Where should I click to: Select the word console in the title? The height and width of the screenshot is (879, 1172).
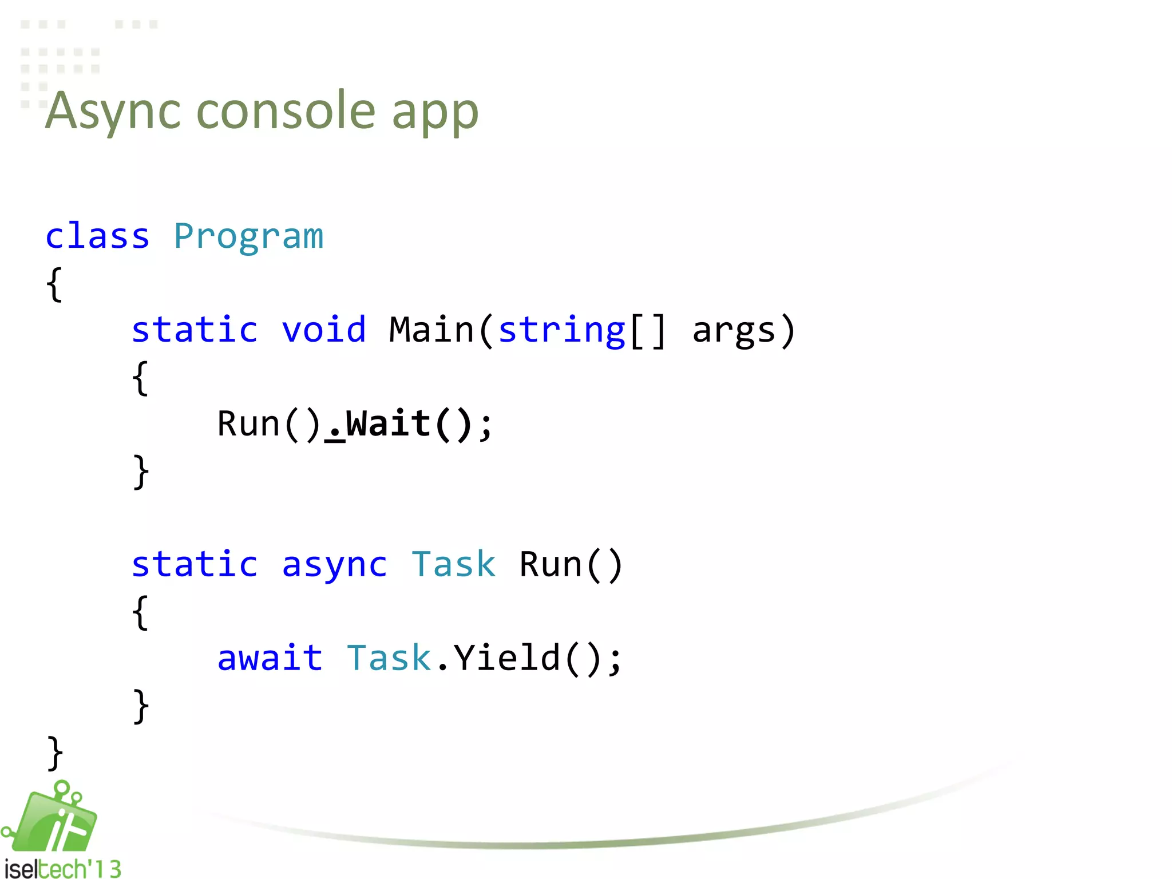[286, 111]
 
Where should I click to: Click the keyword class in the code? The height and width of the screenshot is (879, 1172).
[97, 236]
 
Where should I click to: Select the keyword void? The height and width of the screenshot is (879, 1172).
[324, 330]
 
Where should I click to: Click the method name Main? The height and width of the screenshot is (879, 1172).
[431, 330]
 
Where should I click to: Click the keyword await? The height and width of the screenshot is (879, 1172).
[270, 658]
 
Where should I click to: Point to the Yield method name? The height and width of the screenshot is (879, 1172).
[507, 658]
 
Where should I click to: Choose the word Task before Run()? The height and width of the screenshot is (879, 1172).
[453, 565]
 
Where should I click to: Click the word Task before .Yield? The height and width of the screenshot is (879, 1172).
[389, 658]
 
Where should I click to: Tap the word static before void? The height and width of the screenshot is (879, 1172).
[195, 330]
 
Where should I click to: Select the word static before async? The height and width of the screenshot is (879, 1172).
[195, 565]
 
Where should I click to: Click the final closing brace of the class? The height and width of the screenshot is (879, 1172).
[55, 753]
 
